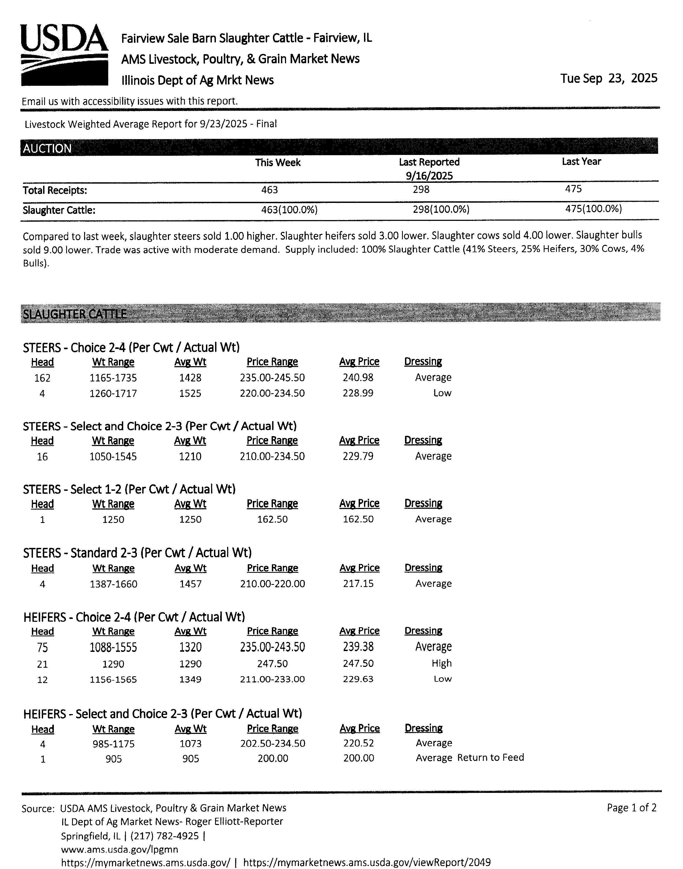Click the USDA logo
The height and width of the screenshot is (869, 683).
click(64, 54)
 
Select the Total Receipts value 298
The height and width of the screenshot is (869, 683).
click(421, 189)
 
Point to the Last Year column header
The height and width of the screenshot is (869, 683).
click(581, 162)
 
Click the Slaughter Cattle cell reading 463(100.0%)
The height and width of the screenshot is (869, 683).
click(289, 210)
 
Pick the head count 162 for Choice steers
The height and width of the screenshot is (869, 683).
click(42, 378)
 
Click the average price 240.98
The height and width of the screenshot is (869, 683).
click(358, 377)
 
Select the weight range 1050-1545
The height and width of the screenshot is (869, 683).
click(113, 456)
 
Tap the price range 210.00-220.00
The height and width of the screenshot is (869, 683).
click(272, 584)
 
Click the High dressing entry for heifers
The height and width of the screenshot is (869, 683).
click(441, 663)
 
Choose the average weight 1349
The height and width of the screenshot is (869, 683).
click(190, 679)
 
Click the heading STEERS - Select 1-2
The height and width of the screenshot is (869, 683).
click(129, 489)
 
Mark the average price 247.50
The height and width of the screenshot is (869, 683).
click(358, 663)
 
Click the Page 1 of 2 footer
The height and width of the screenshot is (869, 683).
click(631, 808)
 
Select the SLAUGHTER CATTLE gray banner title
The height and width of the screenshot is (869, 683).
click(75, 314)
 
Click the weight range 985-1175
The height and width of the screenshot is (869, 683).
click(114, 744)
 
